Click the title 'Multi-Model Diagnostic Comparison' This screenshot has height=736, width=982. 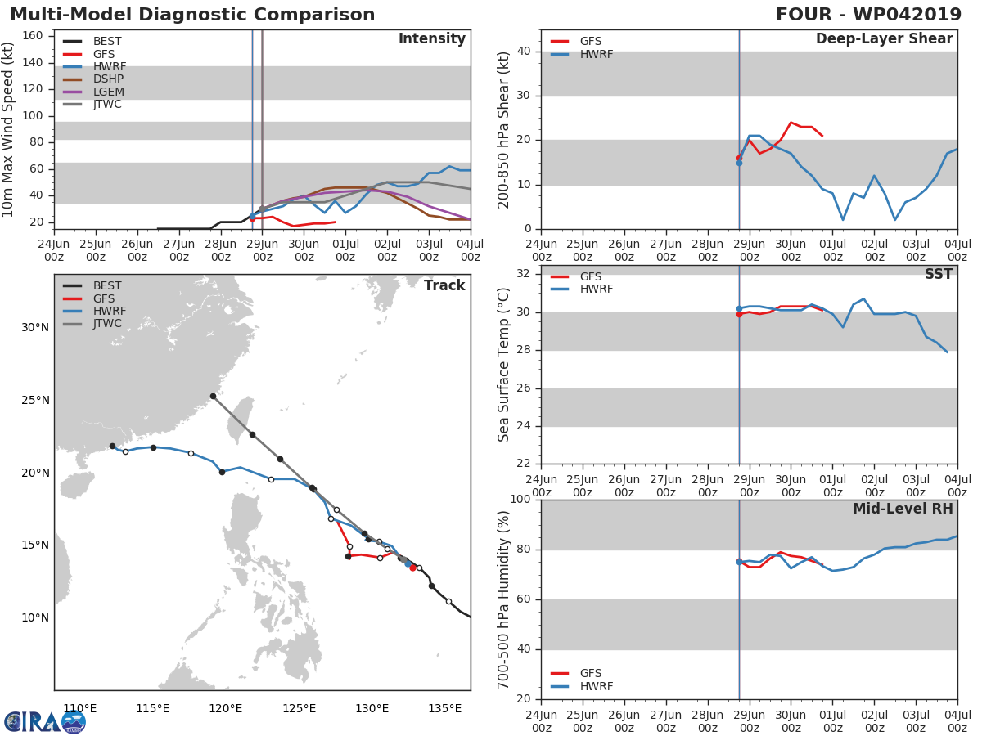(192, 15)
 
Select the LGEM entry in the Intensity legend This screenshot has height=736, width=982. (108, 92)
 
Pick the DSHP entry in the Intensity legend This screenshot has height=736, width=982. (109, 79)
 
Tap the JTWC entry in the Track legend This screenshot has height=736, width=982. (107, 323)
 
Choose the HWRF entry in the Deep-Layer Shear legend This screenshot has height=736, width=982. (596, 54)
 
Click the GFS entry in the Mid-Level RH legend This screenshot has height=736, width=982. (590, 673)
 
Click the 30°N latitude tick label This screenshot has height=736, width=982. (35, 328)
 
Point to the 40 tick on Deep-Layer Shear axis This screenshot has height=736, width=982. (525, 52)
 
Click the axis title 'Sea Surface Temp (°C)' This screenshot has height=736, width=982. (504, 365)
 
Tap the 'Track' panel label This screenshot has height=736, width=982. (444, 285)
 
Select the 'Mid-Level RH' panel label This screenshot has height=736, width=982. (903, 509)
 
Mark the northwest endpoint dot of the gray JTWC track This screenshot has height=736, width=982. (213, 396)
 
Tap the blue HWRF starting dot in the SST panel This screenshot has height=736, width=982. (739, 308)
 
